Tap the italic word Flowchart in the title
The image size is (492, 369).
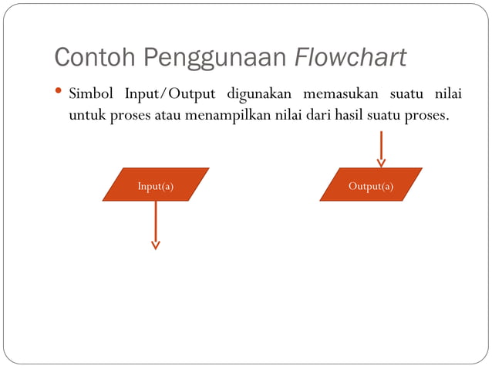pos(351,57)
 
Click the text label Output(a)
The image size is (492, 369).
pos(371,186)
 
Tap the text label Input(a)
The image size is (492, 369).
pos(156,186)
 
